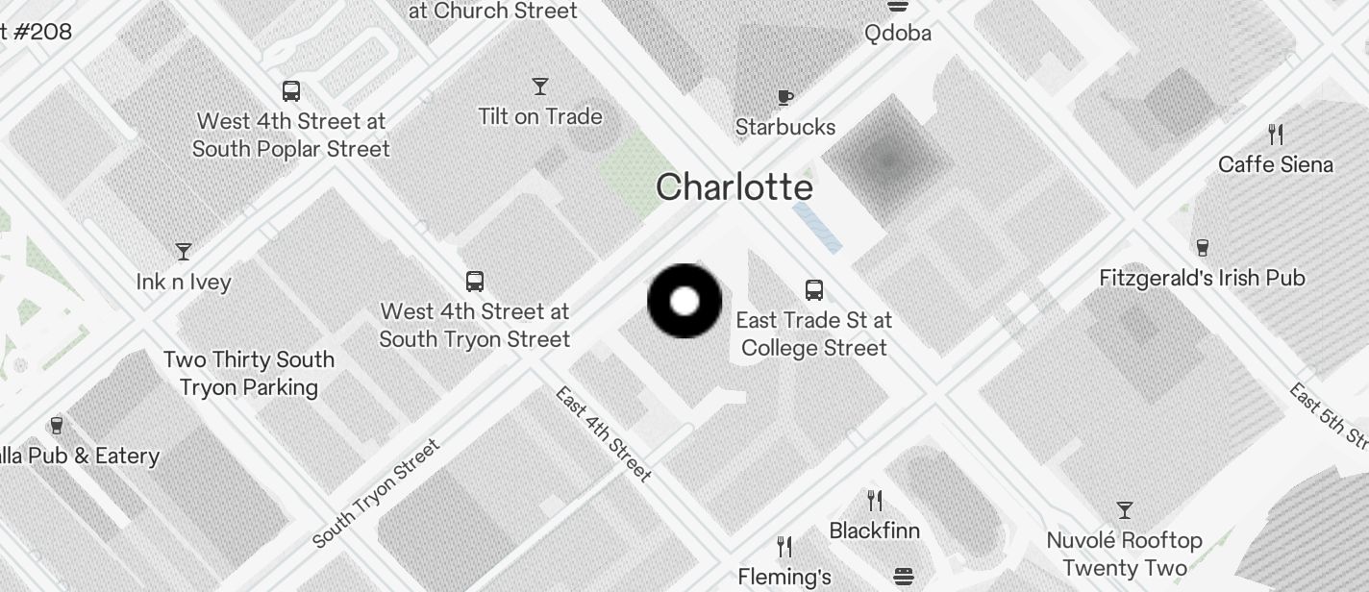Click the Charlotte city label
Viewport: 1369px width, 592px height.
[734, 187]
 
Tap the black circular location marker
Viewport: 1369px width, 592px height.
[684, 302]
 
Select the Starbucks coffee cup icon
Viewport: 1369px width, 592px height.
[785, 97]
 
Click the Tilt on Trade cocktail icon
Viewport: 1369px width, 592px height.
[540, 86]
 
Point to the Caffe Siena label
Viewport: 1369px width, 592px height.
[1275, 164]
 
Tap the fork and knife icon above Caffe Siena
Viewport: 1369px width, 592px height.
[1276, 134]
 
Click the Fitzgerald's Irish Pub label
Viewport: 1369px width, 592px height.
[1202, 278]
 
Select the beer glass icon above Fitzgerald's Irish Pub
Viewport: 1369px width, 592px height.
[1202, 248]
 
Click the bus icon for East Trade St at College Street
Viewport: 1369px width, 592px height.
[814, 289]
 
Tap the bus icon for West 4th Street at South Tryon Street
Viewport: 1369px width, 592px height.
[475, 282]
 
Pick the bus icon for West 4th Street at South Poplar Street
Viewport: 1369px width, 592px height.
[291, 91]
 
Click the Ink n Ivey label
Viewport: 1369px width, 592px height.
[184, 282]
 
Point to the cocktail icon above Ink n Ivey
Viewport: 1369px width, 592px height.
[184, 252]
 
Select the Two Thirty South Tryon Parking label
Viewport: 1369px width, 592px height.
[249, 373]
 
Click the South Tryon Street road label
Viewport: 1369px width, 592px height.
[376, 493]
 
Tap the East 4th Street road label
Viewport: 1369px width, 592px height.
[604, 433]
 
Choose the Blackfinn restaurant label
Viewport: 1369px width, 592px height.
[874, 530]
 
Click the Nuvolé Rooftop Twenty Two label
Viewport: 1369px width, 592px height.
[1124, 554]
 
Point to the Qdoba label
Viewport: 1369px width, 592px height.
[898, 34]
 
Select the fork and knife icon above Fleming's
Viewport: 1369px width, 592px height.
[784, 547]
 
